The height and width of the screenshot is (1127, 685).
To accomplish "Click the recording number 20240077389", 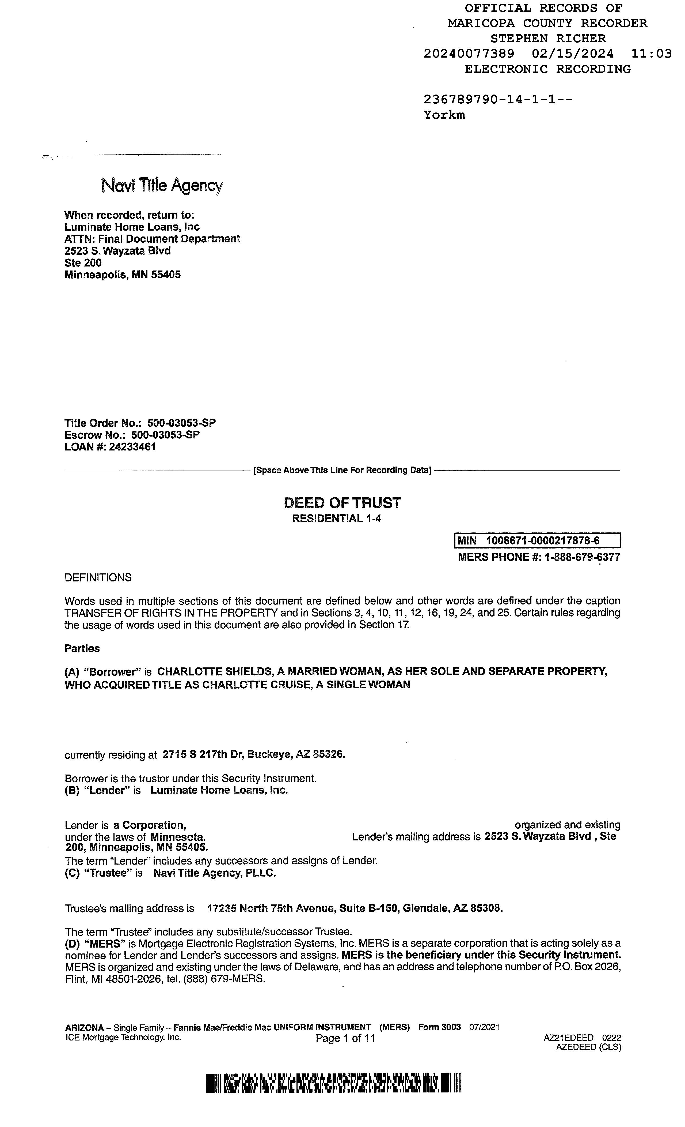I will coord(469,54).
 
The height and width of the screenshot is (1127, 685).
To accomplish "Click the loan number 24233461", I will coord(132,447).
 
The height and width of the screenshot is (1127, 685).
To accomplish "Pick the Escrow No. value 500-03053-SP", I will coord(165,435).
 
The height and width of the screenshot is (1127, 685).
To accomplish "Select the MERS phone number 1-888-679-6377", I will coord(582,557).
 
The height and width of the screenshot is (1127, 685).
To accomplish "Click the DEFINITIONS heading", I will coord(98,578).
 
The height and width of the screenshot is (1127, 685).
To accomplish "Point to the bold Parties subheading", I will coord(82,649).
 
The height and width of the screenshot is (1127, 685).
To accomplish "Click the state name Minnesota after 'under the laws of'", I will coord(178,837).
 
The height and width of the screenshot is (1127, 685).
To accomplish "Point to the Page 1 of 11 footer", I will coord(345,1038).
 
